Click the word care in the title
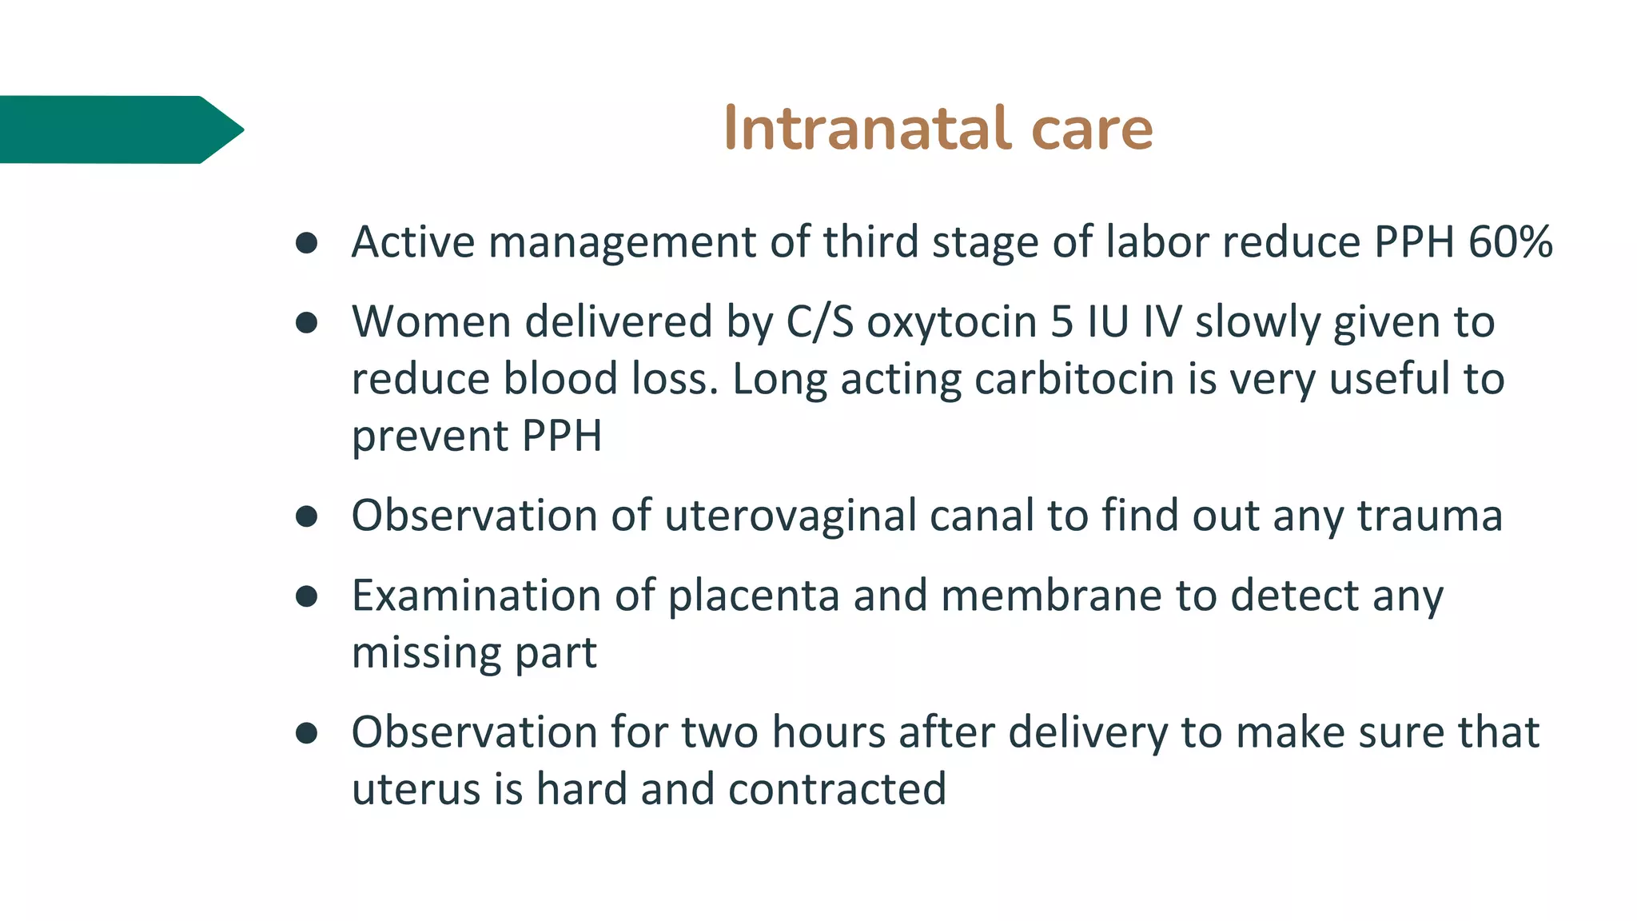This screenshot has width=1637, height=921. tap(1092, 130)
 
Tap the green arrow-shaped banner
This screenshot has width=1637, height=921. tap(120, 130)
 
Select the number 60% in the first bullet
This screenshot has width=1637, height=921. tap(1510, 241)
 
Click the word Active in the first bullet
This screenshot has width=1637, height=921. tap(413, 241)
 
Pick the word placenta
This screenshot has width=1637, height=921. tap(753, 596)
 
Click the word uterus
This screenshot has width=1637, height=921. tap(416, 790)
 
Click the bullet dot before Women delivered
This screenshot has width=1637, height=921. tap(306, 323)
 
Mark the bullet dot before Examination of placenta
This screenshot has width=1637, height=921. tap(306, 596)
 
